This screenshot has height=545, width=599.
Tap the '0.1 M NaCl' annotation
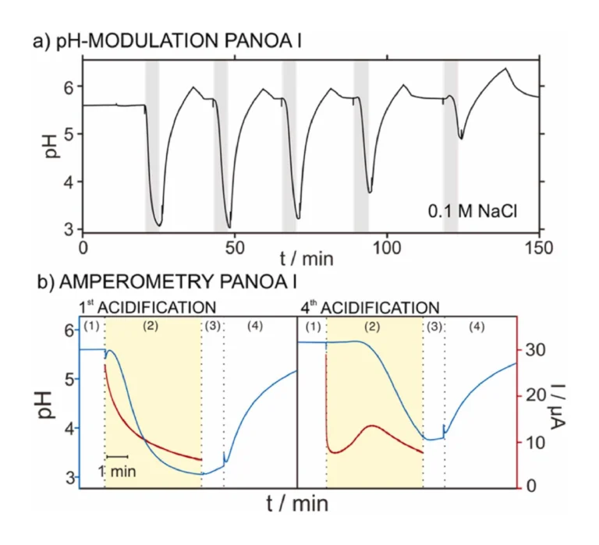point(472,210)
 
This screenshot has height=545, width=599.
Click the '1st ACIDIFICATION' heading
point(147,306)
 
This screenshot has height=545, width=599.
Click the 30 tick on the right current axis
point(533,349)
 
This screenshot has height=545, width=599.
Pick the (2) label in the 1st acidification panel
point(152,326)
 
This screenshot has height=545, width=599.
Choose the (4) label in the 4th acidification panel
point(477,326)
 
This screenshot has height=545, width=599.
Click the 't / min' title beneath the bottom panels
point(297,504)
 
